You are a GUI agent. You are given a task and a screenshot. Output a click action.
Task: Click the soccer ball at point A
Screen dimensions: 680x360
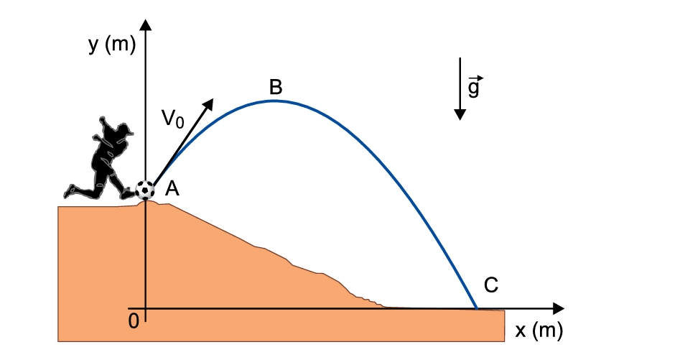coord(145,190)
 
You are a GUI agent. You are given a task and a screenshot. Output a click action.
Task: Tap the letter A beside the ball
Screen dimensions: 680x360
coord(172,189)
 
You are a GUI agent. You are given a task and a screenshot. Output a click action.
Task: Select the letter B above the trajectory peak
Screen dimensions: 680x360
coord(276,87)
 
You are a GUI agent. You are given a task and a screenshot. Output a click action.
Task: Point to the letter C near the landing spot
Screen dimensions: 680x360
coord(491,285)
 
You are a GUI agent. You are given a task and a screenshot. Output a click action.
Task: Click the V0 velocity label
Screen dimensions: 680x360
coord(173,119)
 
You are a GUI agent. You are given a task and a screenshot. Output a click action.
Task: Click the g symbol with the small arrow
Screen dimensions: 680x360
coord(475,87)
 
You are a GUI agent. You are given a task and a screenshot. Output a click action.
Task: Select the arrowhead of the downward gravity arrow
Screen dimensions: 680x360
coord(460,114)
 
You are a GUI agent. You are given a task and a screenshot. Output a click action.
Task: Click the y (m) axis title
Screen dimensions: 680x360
coord(112,45)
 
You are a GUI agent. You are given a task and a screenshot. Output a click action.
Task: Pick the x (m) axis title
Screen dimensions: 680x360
coord(539,331)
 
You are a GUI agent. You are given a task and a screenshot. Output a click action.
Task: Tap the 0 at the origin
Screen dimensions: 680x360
coord(134,321)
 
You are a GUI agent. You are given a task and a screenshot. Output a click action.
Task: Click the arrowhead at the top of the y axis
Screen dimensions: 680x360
coord(146,24)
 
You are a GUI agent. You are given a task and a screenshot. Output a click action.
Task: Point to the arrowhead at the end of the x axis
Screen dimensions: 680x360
coord(559,308)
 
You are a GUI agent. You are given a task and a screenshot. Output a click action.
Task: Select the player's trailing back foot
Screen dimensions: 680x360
coord(70,191)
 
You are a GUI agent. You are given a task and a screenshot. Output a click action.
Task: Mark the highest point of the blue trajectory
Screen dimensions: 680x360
coord(273,101)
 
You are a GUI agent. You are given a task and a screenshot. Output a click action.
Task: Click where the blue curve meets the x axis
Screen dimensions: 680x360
coord(477,308)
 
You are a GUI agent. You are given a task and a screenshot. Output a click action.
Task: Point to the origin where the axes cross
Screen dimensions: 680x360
coord(146,308)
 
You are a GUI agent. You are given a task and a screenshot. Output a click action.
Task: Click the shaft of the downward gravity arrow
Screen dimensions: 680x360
coord(460,83)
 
